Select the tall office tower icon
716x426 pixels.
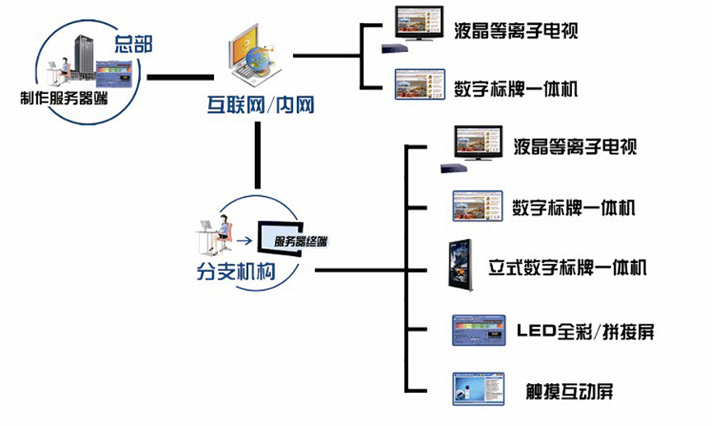tap(87, 57)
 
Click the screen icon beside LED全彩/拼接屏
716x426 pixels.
tap(477, 330)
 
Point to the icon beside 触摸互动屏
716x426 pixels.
tap(477, 389)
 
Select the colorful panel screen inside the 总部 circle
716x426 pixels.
tap(116, 74)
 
